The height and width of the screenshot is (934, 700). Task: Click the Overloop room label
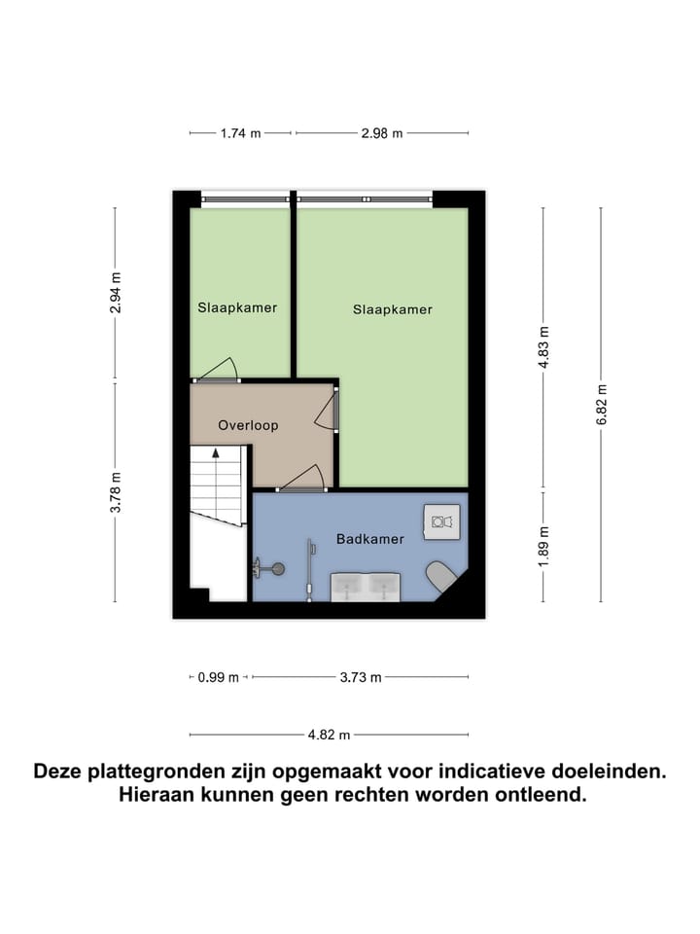coord(248,425)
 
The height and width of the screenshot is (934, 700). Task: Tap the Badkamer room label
coord(369,539)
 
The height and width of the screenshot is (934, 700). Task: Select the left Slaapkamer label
coord(237,307)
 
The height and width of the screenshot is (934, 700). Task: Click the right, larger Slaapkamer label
coord(392,309)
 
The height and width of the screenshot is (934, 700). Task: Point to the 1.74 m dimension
coord(241,133)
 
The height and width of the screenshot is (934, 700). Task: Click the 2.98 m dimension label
coord(381,133)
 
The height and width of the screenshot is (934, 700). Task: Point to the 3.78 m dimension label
coord(116,492)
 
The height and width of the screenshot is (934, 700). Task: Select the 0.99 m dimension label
coord(218,678)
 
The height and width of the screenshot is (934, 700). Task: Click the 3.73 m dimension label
coord(361,678)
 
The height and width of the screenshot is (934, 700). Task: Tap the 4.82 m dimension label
coord(329,736)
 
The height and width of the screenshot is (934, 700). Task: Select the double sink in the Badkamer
coord(367,586)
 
